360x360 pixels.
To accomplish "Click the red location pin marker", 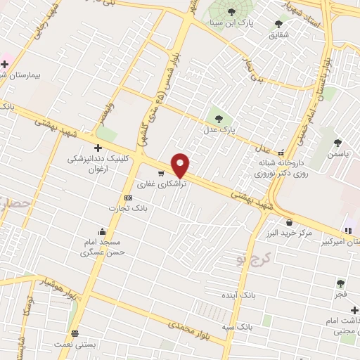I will pyautogui.click(x=181, y=165).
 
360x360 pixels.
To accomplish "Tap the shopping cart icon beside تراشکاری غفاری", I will pyautogui.click(x=161, y=173).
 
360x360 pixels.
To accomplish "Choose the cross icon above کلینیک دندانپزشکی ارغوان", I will pyautogui.click(x=98, y=148).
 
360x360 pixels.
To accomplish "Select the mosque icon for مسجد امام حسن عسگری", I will pyautogui.click(x=103, y=232).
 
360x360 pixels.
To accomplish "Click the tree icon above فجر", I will pyautogui.click(x=340, y=283).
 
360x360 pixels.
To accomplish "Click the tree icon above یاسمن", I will pyautogui.click(x=338, y=143).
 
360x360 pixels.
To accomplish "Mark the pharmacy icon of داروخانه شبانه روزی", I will pyautogui.click(x=282, y=153).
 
